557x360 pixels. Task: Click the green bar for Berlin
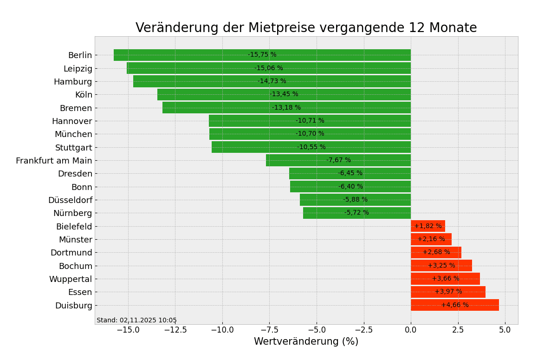pyautogui.click(x=186, y=55)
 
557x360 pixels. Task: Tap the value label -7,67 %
pyautogui.click(x=338, y=160)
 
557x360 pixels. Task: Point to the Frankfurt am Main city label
pyautogui.click(x=54, y=161)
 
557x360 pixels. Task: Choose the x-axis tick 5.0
pyautogui.click(x=505, y=330)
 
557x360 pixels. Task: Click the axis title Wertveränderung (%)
pyautogui.click(x=306, y=342)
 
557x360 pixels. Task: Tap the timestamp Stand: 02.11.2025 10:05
pyautogui.click(x=136, y=321)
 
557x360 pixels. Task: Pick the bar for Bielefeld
pyautogui.click(x=428, y=226)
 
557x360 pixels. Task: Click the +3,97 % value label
pyautogui.click(x=448, y=292)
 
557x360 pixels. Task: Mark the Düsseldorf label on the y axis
pyautogui.click(x=70, y=200)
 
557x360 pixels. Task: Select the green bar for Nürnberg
pyautogui.click(x=325, y=213)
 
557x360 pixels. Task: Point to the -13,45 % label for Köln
pyautogui.click(x=284, y=94)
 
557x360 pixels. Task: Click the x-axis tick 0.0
pyautogui.click(x=411, y=330)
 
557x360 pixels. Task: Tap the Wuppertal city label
pyautogui.click(x=71, y=279)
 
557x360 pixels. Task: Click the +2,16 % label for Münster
pyautogui.click(x=431, y=239)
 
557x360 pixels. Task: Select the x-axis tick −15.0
pyautogui.click(x=128, y=330)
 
